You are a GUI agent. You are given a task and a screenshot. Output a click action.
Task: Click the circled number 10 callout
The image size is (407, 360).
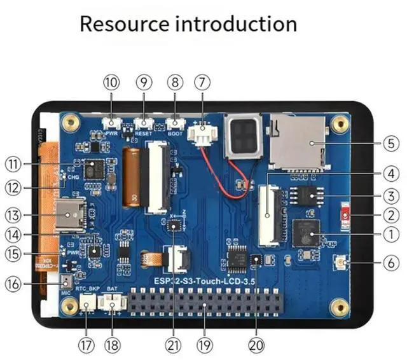click(x=111, y=82)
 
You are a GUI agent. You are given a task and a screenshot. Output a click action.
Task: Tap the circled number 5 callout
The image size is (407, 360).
click(x=392, y=144)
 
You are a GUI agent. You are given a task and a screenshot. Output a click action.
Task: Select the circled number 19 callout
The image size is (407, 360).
click(x=204, y=345)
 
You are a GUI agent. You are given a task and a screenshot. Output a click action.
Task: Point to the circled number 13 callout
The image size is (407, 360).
click(x=13, y=214)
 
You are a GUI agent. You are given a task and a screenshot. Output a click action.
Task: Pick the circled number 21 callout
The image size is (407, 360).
click(x=173, y=345)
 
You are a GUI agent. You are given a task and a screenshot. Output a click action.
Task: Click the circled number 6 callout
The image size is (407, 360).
click(x=392, y=261)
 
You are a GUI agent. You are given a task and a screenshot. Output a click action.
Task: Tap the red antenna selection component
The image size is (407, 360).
click(x=346, y=216)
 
